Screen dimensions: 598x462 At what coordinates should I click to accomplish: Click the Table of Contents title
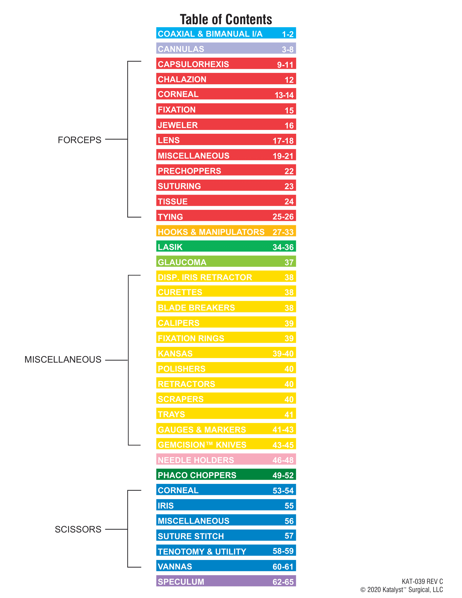point(226,20)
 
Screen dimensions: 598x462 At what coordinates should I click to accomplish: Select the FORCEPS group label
point(79,140)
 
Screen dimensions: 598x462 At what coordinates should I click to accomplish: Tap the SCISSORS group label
point(78,529)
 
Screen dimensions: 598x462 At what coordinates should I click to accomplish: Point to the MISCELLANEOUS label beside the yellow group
point(63,360)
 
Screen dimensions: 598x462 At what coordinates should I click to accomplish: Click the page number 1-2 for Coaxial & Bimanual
point(288,34)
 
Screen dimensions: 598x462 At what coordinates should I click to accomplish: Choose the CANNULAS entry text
point(181,49)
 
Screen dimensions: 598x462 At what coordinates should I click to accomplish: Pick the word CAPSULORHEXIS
point(193,64)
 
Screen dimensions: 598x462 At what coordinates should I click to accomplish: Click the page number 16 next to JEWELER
point(289,126)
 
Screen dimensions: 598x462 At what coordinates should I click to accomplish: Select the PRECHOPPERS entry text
point(189,171)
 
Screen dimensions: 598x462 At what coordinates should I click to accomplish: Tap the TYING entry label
point(170,217)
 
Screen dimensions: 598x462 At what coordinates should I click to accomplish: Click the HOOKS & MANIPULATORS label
point(211,232)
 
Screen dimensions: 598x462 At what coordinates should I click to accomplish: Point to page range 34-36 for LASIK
point(283,247)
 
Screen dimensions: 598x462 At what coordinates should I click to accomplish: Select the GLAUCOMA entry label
point(182,262)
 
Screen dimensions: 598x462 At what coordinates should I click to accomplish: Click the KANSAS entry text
point(175,354)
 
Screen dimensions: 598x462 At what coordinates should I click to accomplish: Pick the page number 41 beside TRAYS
point(289,415)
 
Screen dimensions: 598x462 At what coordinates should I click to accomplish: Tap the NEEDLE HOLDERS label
point(196,460)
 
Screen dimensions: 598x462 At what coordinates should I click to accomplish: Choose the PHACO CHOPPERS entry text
point(197,475)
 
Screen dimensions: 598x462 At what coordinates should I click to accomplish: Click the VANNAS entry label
point(175,567)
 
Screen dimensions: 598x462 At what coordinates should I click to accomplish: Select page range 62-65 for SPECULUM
point(283,582)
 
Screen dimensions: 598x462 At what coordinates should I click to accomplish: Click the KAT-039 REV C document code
point(422,581)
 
